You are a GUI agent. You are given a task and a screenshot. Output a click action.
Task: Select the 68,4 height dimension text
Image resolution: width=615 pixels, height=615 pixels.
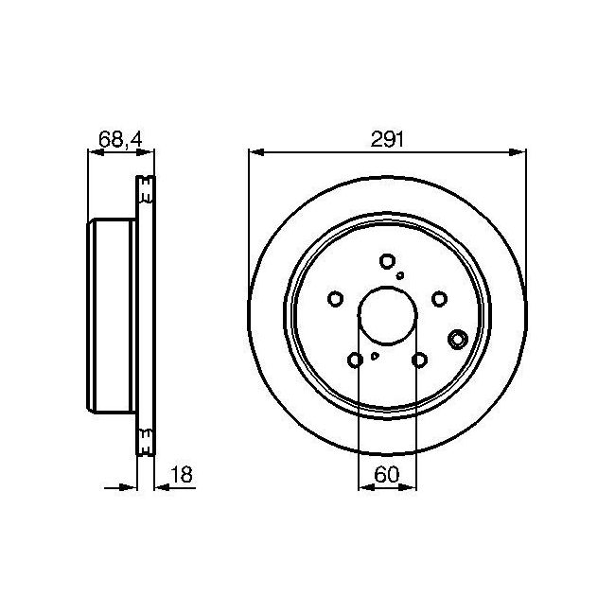120,140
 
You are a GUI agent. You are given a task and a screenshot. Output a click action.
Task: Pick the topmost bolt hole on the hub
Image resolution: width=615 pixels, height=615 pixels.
386,261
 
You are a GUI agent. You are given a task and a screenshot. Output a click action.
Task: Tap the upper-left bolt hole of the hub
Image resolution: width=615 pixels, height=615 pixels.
335,299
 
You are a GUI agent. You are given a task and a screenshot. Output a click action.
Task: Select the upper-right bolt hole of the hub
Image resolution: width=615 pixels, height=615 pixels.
439,299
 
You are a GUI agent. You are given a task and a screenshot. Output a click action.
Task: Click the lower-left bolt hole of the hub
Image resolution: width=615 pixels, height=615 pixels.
355,360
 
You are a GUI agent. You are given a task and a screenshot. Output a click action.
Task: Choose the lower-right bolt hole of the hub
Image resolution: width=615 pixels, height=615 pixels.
419,360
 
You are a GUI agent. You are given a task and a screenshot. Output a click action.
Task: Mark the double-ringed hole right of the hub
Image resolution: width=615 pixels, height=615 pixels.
460,340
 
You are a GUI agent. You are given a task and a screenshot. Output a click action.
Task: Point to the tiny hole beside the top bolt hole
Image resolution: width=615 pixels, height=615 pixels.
401,275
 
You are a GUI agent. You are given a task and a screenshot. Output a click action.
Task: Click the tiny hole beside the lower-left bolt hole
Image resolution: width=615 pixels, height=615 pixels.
375,356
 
